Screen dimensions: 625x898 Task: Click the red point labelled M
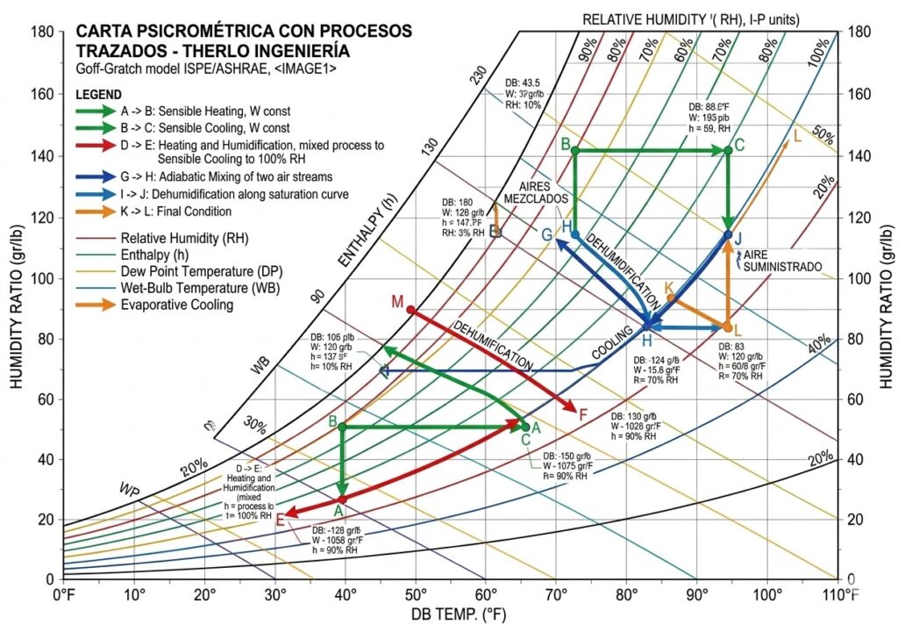[x=410, y=309]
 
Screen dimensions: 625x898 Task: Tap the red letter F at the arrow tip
[x=583, y=412]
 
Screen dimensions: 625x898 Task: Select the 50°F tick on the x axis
[x=415, y=595]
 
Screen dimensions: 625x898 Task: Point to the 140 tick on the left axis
[x=42, y=156]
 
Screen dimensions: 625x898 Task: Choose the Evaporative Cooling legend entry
[x=177, y=305]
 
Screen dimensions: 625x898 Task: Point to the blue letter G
[x=546, y=234]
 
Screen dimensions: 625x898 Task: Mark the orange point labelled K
[x=671, y=298]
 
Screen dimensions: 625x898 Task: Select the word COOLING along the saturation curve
[x=612, y=342]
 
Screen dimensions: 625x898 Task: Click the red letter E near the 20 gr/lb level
[x=280, y=520]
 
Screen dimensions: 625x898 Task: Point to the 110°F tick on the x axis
[x=837, y=595]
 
